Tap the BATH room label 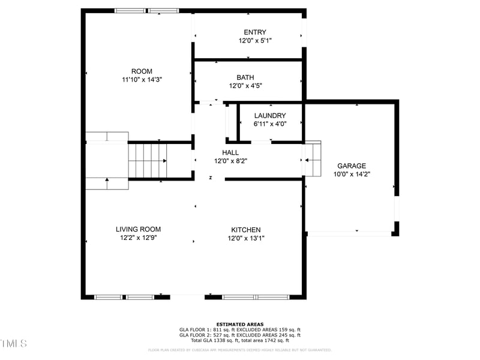coord(245,77)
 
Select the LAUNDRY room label coord(269,116)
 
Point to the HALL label coord(230,153)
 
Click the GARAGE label coord(351,166)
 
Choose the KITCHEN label coord(246,230)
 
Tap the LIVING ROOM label coord(138,229)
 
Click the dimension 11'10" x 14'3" coord(142,79)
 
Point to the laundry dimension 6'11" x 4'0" coord(269,124)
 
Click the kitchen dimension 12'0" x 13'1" coord(246,238)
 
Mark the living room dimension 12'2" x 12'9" coord(138,237)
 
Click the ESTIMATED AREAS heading coord(239,325)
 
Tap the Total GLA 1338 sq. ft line coord(239,340)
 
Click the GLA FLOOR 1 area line coord(239,329)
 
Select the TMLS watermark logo coord(13,343)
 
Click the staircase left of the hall coord(148,161)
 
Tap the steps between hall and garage coord(313,160)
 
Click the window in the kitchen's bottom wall coord(256,296)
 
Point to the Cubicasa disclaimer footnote coord(239,350)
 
